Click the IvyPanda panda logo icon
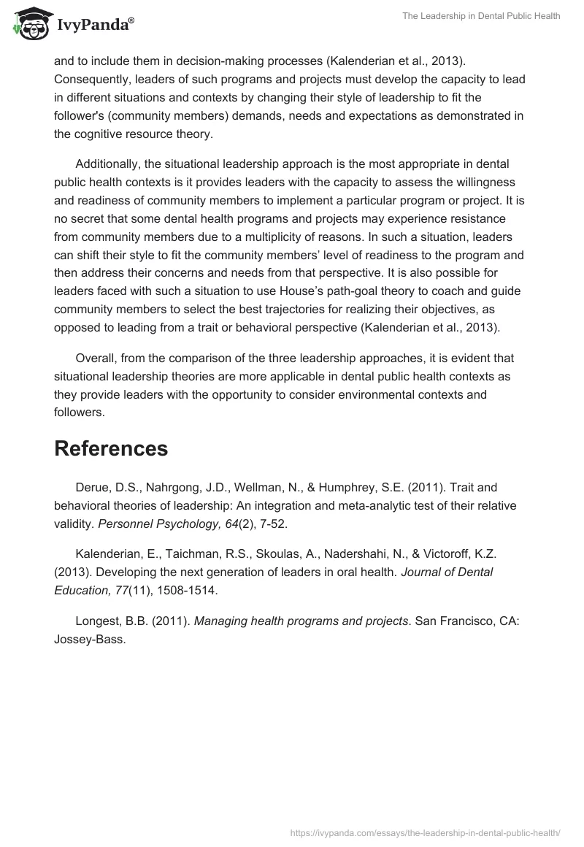click(x=28, y=24)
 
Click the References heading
click(x=111, y=448)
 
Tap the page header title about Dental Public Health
click(x=481, y=16)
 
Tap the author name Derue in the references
click(x=93, y=486)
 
